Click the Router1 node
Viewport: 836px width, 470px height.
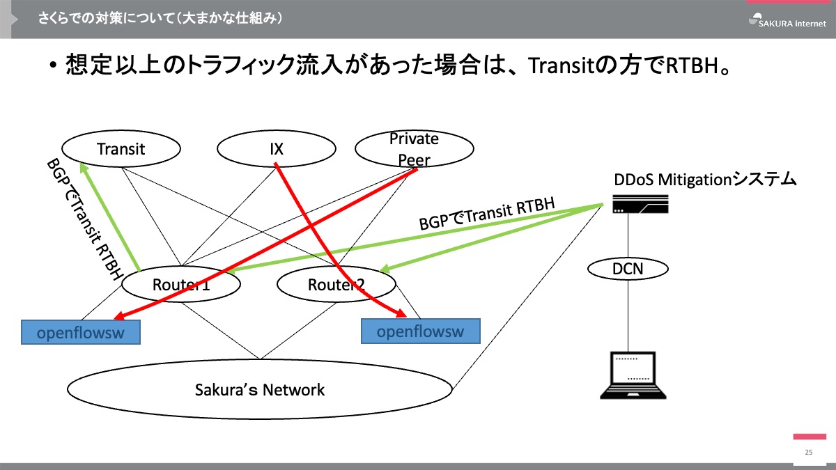tap(181, 284)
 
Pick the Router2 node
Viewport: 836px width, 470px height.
tap(336, 284)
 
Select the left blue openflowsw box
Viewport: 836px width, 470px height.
tap(80, 333)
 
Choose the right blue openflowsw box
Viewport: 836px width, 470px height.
tap(421, 331)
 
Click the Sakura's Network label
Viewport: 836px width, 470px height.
tap(260, 390)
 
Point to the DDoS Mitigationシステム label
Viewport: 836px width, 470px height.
tap(704, 180)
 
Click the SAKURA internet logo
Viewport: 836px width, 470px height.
tap(787, 20)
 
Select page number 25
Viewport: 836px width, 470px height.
tap(808, 453)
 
